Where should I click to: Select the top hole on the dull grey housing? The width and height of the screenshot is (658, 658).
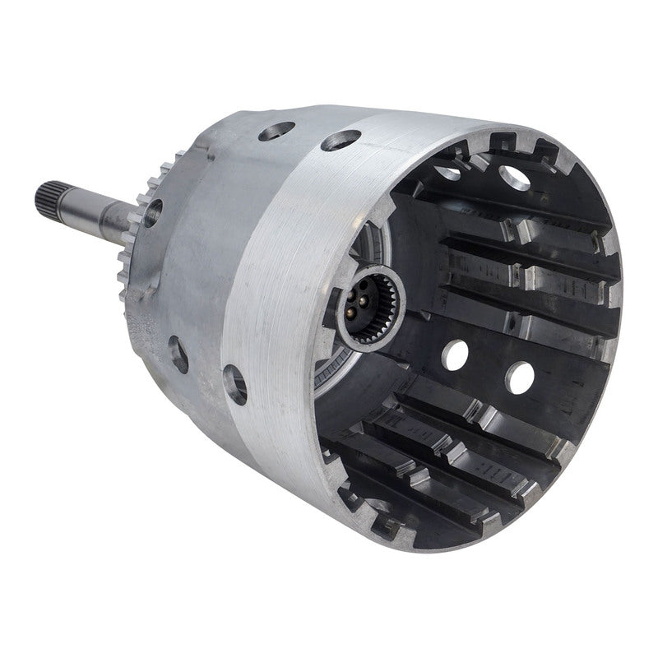pyautogui.click(x=276, y=130)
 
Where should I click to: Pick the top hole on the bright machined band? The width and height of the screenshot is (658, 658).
pyautogui.click(x=340, y=141)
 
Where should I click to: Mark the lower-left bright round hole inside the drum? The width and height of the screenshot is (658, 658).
pyautogui.click(x=454, y=354)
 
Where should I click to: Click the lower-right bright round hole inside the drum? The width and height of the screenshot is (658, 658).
pyautogui.click(x=519, y=378)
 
